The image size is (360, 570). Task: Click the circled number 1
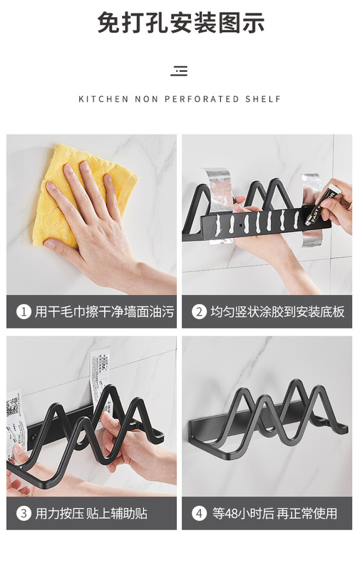click(24, 311)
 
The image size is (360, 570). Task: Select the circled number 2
click(199, 311)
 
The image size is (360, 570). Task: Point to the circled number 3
click(24, 513)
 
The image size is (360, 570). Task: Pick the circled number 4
click(199, 513)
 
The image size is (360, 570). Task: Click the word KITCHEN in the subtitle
click(103, 99)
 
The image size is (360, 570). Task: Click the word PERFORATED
click(202, 99)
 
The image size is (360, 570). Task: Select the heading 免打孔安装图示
click(181, 23)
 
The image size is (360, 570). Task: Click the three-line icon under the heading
click(180, 71)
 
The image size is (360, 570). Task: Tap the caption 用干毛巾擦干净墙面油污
click(104, 311)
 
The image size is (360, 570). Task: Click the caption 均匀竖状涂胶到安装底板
click(277, 311)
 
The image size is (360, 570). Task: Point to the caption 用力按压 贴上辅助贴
click(91, 513)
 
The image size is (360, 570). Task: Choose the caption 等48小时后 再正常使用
click(274, 513)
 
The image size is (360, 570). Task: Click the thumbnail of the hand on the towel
click(91, 214)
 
